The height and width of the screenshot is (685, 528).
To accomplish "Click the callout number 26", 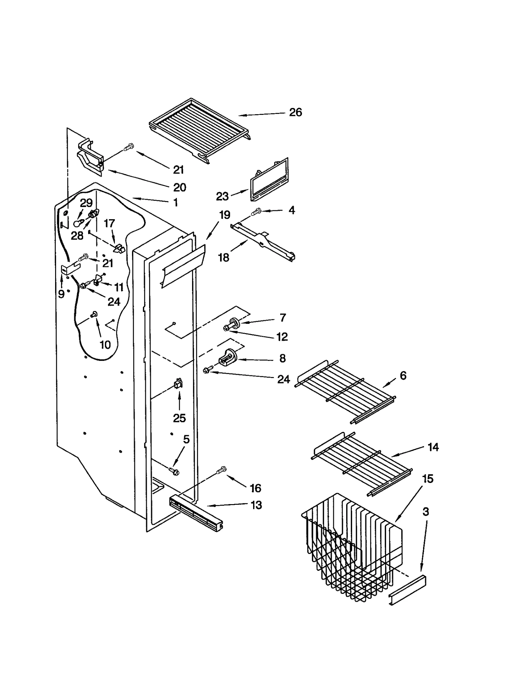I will tap(295, 113).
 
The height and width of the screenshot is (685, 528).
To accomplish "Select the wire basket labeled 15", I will tap(353, 546).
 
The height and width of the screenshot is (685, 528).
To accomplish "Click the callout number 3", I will tap(426, 512).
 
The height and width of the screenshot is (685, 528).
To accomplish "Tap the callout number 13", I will tap(256, 505).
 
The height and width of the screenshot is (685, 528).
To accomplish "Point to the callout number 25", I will tap(180, 418).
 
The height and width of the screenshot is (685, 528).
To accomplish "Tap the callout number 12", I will tap(282, 337).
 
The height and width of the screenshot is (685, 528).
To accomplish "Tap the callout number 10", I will tap(105, 345).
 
